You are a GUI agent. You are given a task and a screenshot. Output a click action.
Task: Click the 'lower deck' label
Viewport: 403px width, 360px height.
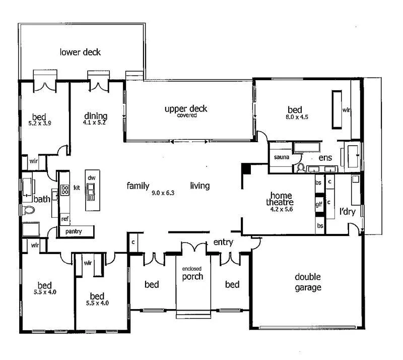pyautogui.click(x=81, y=52)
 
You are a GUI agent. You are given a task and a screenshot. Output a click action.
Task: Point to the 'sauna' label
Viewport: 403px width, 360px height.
pyautogui.click(x=281, y=157)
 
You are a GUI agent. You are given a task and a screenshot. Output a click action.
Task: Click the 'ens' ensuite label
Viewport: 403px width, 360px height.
pyautogui.click(x=325, y=158)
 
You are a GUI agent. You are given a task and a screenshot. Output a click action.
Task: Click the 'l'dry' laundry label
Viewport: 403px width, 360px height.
pyautogui.click(x=348, y=212)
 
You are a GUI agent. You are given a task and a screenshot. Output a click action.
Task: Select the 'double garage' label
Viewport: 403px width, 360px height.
pyautogui.click(x=308, y=282)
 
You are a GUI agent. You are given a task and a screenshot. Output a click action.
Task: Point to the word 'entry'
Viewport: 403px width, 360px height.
pyautogui.click(x=223, y=243)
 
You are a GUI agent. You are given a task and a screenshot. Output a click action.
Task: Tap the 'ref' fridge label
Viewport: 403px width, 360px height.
pyautogui.click(x=64, y=219)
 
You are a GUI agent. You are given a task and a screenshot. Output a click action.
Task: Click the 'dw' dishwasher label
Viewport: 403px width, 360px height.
pyautogui.click(x=91, y=178)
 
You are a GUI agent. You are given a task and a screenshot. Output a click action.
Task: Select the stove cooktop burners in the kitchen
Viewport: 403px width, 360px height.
pyautogui.click(x=65, y=190)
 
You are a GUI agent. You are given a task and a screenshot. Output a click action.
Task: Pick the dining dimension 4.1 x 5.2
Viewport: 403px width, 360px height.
pyautogui.click(x=95, y=122)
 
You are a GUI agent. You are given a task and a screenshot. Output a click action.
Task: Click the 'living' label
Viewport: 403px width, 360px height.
pyautogui.click(x=199, y=186)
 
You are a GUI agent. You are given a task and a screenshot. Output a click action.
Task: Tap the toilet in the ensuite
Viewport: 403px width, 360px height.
pyautogui.click(x=301, y=167)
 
